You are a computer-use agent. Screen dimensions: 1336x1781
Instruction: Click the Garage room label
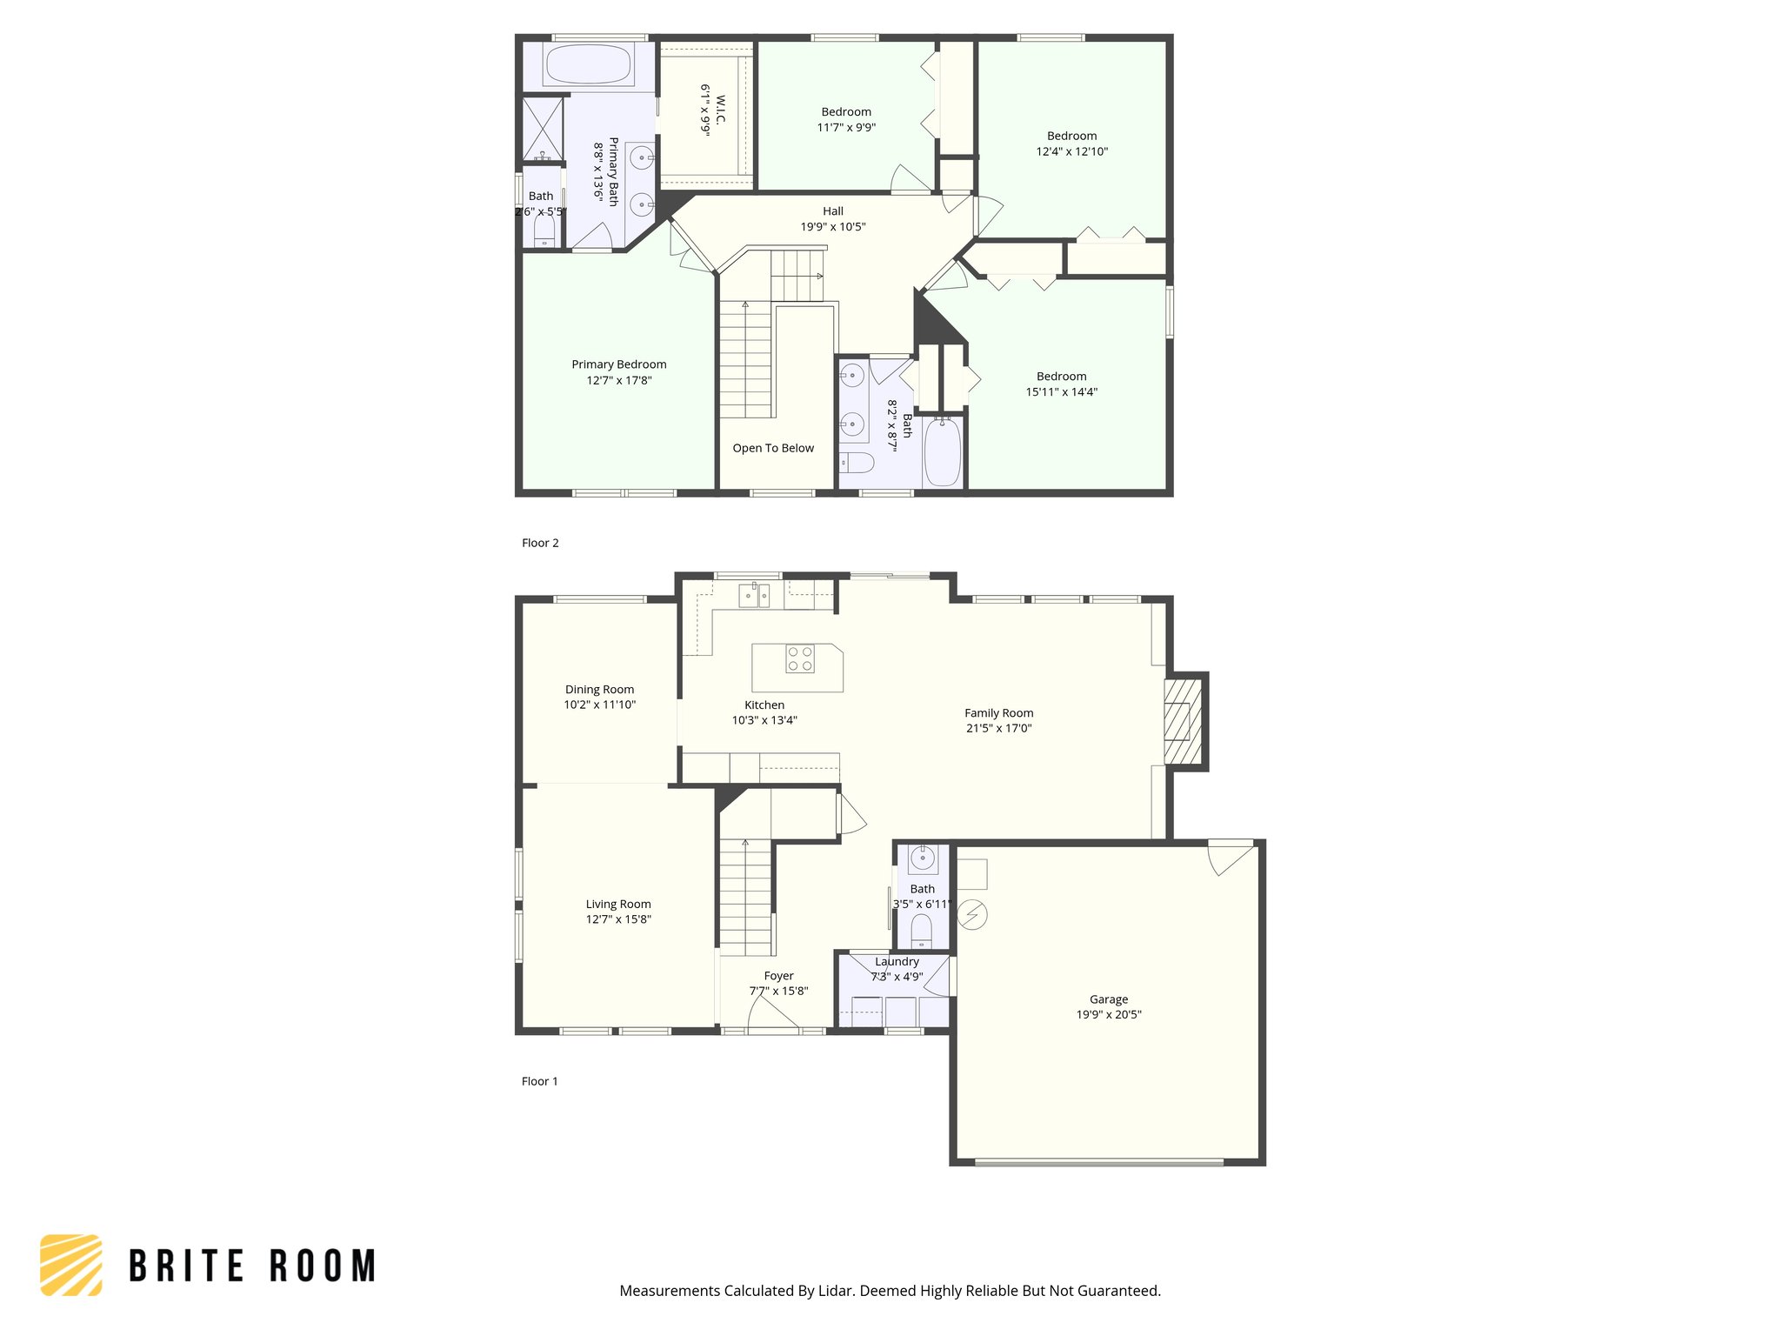(1108, 999)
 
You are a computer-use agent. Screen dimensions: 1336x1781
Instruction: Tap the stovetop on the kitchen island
(799, 658)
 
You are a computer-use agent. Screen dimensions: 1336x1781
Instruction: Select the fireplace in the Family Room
(1182, 721)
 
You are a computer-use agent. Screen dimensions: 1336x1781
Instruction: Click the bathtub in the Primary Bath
(588, 64)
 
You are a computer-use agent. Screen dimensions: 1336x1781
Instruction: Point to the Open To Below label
(773, 448)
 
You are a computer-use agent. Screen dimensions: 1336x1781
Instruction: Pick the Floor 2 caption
(540, 543)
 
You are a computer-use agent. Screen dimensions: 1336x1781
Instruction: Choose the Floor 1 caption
(539, 1081)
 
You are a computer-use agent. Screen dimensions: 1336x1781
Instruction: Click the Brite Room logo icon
(71, 1265)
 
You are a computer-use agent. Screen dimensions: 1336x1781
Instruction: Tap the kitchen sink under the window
(754, 595)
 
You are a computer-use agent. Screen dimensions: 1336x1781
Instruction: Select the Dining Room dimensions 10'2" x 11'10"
(599, 705)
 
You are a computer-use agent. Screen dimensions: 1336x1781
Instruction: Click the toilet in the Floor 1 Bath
(921, 931)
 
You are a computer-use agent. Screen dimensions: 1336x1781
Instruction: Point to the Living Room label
(617, 904)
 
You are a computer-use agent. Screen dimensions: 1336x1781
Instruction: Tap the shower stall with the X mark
(543, 129)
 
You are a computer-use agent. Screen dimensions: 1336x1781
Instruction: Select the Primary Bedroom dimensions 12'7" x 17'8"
(618, 380)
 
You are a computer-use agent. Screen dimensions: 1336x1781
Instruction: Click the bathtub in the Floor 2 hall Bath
(942, 452)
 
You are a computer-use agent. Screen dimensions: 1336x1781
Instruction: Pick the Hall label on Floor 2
(832, 211)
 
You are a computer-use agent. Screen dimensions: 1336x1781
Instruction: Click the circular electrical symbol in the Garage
(972, 914)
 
